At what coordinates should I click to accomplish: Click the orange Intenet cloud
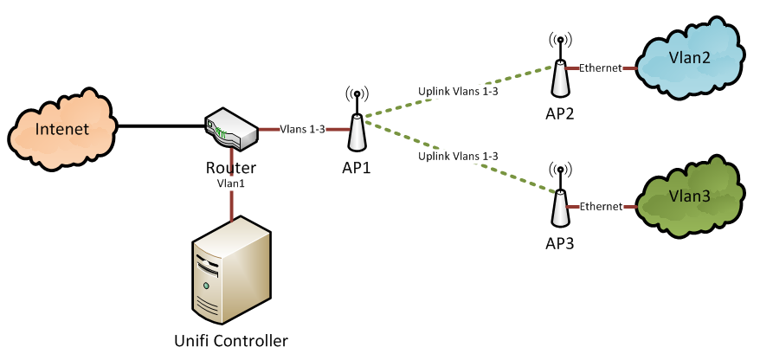point(61,129)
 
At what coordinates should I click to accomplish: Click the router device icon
point(230,129)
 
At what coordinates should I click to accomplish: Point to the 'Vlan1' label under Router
point(231,183)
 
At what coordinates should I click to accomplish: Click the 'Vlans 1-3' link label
point(303,130)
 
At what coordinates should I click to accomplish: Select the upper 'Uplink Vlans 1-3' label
point(458,89)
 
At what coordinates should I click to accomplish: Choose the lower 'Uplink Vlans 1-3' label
point(458,156)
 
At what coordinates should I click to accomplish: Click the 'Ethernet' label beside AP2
point(600,67)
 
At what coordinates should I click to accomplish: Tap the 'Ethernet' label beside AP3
point(600,206)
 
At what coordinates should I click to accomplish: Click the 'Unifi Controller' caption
point(232,339)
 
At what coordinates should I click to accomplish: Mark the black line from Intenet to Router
point(160,126)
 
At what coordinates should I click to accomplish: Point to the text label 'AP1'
point(356,167)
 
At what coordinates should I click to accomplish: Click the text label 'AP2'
point(560,112)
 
